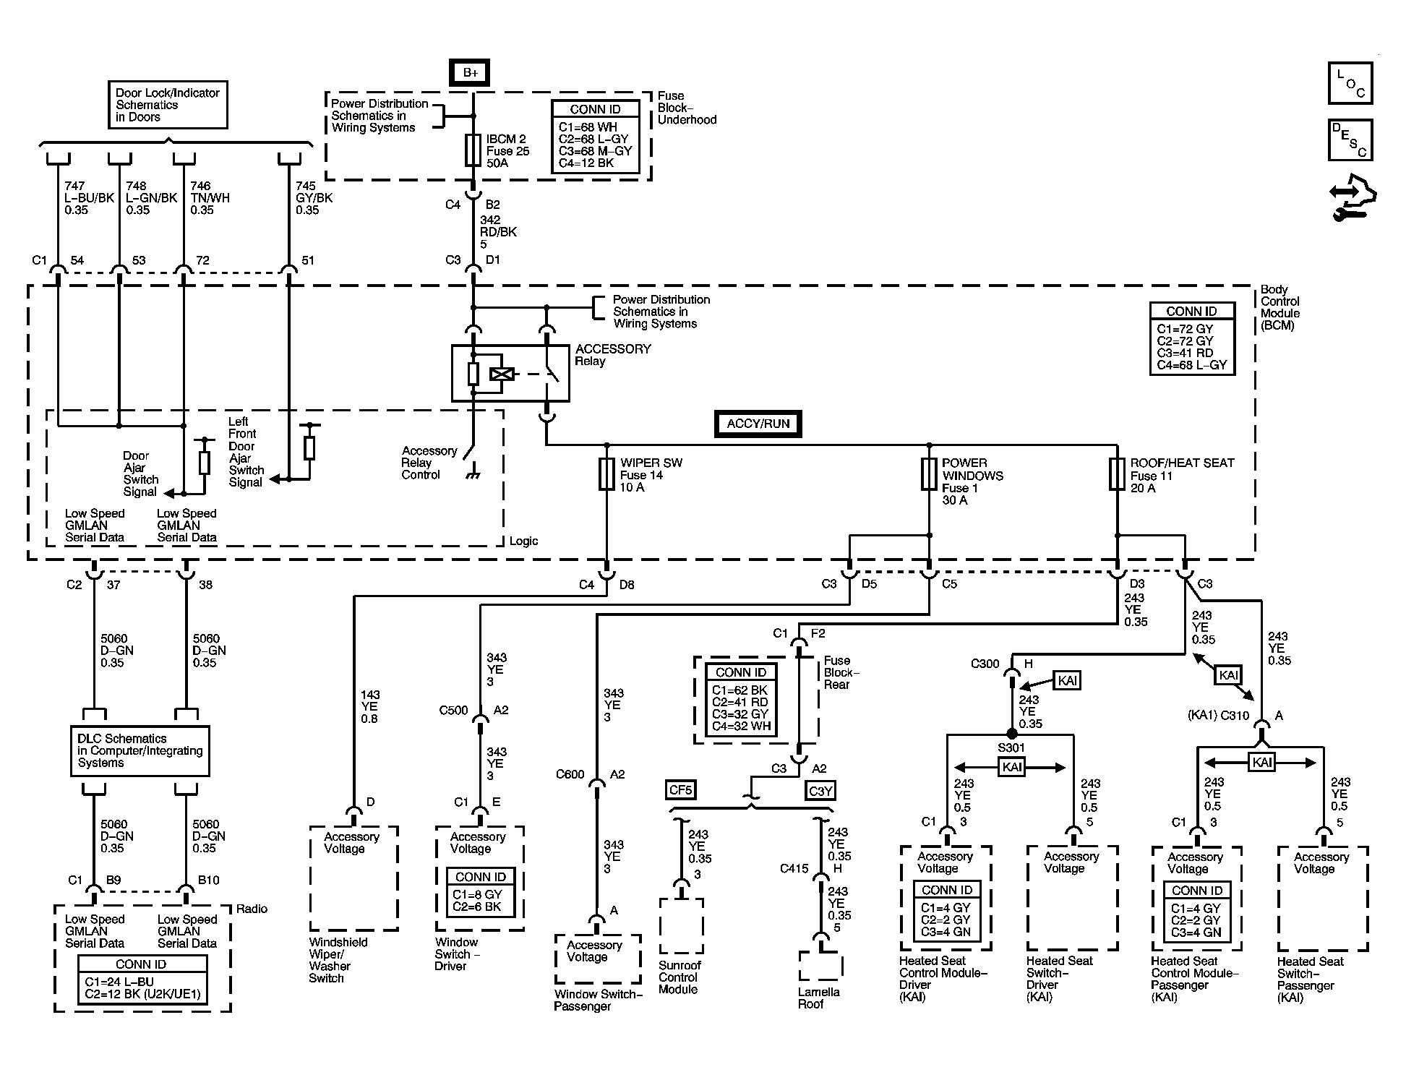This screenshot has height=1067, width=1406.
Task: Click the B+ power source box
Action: tap(470, 73)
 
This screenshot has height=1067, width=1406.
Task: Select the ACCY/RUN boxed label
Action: tap(758, 424)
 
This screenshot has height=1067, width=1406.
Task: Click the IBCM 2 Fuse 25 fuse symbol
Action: tap(473, 150)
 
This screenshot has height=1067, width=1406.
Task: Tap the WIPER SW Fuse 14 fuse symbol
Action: tap(606, 474)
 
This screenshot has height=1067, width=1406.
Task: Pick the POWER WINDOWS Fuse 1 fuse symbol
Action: tap(929, 474)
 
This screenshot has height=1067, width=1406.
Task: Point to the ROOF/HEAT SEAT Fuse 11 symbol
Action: tap(1117, 474)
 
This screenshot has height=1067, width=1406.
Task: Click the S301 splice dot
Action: tap(1012, 734)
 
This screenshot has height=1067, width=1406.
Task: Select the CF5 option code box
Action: tap(681, 790)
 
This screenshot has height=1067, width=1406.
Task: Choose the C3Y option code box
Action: tap(820, 791)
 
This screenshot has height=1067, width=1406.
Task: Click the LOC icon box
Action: tap(1350, 83)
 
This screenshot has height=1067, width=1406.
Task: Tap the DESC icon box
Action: tap(1350, 140)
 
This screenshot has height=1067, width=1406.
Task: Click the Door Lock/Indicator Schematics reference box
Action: tap(168, 105)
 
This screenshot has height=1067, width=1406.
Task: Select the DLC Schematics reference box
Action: tap(140, 751)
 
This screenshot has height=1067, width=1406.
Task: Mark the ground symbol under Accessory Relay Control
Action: tap(474, 475)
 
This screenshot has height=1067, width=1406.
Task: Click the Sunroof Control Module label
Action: tap(680, 977)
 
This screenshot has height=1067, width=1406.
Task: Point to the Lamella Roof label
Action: tap(818, 998)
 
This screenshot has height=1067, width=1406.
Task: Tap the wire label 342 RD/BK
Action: tap(499, 232)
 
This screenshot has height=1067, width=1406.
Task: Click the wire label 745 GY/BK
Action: tap(314, 198)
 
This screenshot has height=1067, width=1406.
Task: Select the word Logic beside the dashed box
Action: tap(523, 541)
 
